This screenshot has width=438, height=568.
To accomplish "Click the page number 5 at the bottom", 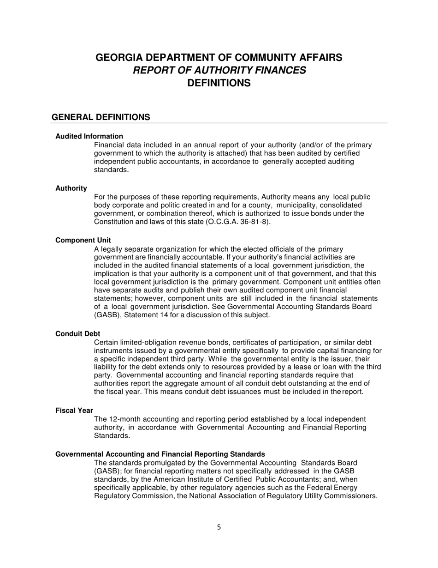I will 219,527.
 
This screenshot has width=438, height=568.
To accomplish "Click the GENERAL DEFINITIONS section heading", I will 101,117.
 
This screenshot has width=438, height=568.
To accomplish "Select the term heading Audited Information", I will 89,136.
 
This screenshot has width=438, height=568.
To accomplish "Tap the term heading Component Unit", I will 83,240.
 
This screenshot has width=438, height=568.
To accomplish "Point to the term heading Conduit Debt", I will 77,334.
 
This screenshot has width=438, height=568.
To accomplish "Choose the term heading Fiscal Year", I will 74,411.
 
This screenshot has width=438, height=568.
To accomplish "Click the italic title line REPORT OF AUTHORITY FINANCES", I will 219,70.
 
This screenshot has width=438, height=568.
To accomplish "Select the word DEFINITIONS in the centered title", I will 219,83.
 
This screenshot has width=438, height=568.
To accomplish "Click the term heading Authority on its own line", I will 71,188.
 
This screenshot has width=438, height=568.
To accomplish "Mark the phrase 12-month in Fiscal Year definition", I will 124,419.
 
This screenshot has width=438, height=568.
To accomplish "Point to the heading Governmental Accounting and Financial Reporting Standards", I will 160,454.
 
